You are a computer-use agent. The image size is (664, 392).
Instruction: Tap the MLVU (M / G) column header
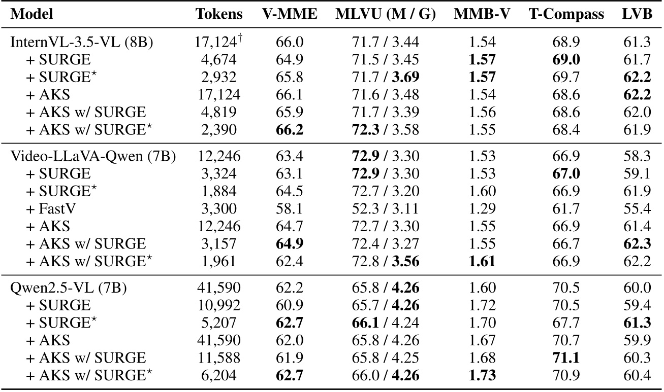click(x=386, y=15)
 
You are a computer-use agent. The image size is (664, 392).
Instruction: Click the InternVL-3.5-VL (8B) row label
click(x=82, y=43)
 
